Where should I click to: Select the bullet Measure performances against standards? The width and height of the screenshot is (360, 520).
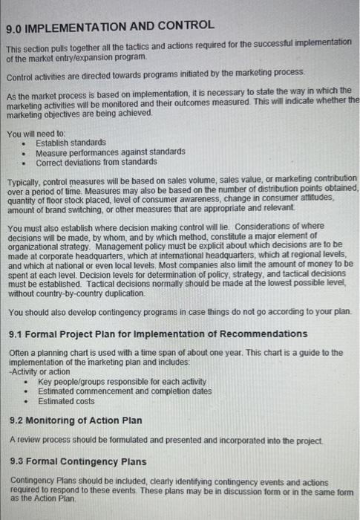point(111,152)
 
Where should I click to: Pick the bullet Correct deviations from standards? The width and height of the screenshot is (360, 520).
point(96,162)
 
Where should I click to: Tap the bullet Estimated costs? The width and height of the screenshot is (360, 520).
point(66,401)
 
